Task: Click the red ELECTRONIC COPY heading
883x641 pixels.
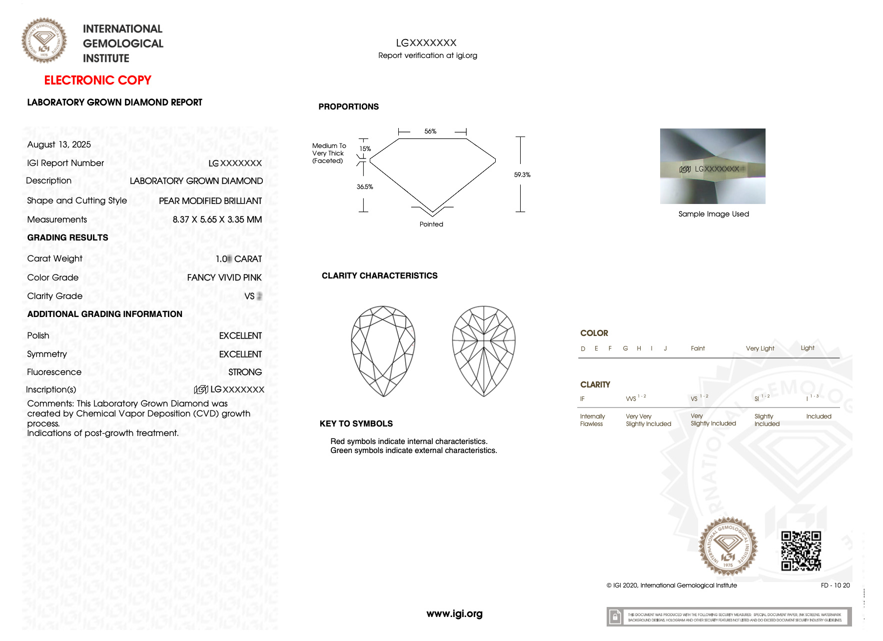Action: pos(97,80)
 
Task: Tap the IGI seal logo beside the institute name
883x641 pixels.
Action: pos(44,40)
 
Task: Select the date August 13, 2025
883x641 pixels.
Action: pos(59,144)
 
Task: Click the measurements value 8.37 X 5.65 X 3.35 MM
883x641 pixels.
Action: pos(217,219)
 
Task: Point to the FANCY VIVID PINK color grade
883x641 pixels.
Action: pos(224,277)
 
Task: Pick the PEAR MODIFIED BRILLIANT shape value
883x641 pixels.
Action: pos(210,201)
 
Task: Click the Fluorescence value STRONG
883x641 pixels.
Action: pos(245,372)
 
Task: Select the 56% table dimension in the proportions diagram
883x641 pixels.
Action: pos(430,131)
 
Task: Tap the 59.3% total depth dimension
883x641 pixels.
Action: pos(522,174)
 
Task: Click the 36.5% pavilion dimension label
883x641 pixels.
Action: pos(365,187)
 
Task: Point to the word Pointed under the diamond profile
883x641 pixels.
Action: pos(431,224)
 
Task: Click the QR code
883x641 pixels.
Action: pos(801,550)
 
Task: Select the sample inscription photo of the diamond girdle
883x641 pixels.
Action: pos(713,166)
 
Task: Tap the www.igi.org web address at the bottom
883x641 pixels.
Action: pos(454,613)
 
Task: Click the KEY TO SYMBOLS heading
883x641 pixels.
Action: pos(356,423)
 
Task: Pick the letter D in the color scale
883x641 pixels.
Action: pos(583,348)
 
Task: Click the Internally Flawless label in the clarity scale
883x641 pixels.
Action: pos(592,420)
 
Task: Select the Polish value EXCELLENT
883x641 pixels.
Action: pos(240,335)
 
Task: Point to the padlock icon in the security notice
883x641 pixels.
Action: pos(615,617)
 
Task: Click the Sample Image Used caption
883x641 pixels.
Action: pos(714,214)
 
